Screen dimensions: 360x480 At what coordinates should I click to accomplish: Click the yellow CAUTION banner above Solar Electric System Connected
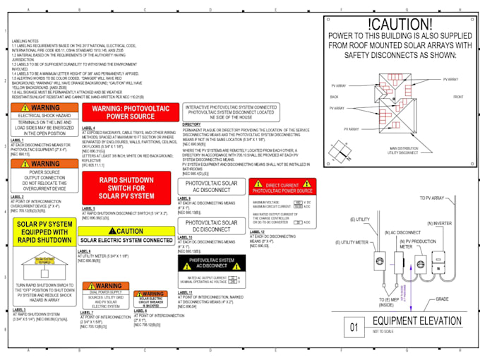coord(126,231)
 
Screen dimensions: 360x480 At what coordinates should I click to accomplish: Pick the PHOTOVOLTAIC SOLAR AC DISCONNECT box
coord(212,187)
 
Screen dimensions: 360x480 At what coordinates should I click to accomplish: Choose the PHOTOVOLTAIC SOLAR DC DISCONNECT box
coord(212,227)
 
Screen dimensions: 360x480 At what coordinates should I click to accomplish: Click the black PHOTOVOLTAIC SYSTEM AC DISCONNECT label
coord(212,263)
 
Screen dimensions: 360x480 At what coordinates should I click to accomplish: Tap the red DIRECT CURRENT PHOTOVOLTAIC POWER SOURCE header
coord(282,188)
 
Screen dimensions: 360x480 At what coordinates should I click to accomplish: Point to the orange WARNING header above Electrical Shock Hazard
coord(44,107)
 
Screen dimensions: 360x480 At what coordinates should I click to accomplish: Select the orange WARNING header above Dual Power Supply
coord(104,286)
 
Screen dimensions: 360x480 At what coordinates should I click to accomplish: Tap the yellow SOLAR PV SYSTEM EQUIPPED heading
coord(44,231)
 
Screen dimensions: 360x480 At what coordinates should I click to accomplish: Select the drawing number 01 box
coord(354,328)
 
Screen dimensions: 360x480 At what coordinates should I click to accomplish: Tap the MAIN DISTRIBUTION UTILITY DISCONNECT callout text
coord(403,150)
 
